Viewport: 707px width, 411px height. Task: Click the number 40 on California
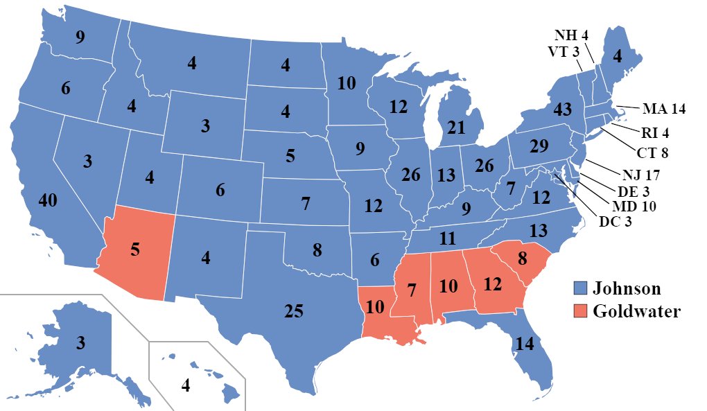click(x=48, y=202)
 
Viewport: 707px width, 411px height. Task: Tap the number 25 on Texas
click(x=294, y=311)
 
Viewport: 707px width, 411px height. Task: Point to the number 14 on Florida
click(x=523, y=343)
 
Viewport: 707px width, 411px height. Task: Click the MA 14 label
click(x=663, y=109)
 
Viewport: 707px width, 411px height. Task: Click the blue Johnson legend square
click(x=580, y=288)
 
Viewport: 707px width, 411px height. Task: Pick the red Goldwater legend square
click(x=580, y=311)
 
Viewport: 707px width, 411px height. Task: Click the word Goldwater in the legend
click(x=636, y=311)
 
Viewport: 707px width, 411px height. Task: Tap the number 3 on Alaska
click(x=81, y=343)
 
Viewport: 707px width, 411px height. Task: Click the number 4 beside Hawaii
click(x=185, y=385)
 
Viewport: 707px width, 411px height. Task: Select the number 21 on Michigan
click(x=456, y=128)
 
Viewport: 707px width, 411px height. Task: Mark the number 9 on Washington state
click(x=80, y=37)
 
